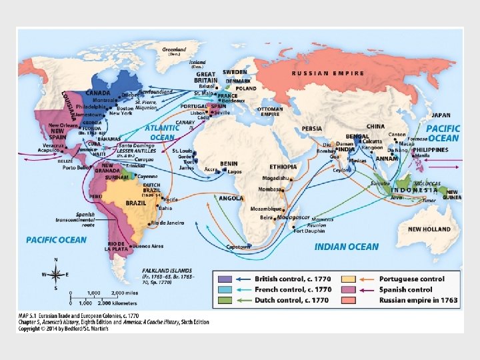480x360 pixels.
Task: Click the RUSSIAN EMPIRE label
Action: [x=329, y=73]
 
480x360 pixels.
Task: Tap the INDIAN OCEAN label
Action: [x=346, y=247]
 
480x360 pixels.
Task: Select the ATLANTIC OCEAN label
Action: [x=162, y=132]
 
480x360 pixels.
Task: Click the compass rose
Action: [x=57, y=273]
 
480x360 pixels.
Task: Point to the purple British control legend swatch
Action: [x=225, y=279]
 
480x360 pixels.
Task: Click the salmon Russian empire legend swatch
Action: [x=348, y=300]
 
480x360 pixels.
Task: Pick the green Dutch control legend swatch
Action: [x=225, y=300]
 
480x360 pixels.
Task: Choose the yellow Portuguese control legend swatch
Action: [x=348, y=279]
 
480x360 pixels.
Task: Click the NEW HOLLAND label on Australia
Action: [x=429, y=229]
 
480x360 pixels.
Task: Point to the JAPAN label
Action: [x=441, y=115]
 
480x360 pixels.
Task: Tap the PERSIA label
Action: [x=312, y=128]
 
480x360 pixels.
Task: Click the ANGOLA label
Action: [x=231, y=199]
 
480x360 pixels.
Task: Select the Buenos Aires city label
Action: [x=149, y=247]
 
